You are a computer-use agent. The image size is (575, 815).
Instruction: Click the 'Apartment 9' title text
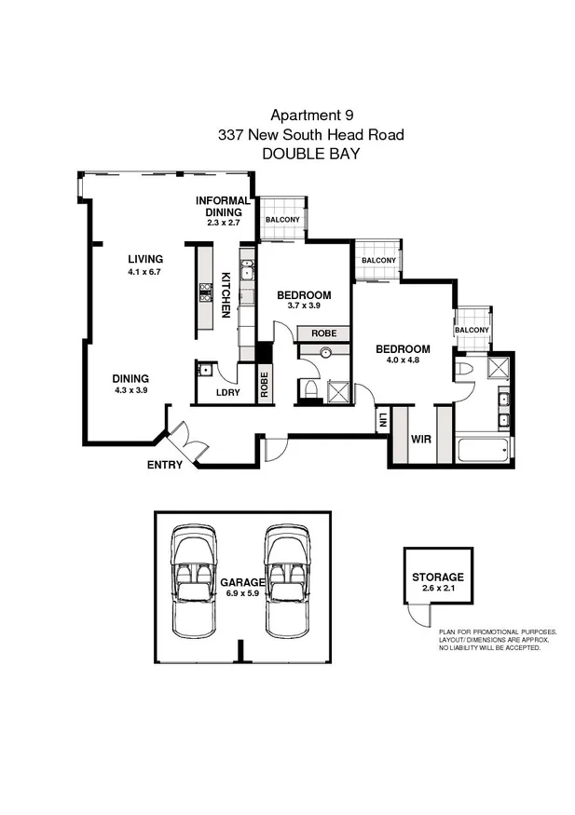click(311, 115)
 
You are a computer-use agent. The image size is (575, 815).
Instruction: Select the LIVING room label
click(145, 259)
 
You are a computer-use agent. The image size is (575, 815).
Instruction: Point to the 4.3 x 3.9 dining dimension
click(130, 390)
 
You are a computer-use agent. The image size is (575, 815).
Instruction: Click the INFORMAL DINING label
click(223, 206)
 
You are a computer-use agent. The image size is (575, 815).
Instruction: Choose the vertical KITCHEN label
click(226, 294)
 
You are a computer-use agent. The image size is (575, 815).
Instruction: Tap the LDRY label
click(228, 392)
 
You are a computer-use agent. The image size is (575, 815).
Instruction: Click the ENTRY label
click(164, 464)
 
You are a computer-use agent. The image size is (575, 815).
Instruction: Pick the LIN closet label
click(382, 420)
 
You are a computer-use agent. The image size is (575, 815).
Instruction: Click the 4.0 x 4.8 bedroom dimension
click(403, 361)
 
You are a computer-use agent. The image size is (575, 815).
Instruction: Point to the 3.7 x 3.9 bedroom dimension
click(304, 306)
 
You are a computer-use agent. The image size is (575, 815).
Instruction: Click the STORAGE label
click(437, 577)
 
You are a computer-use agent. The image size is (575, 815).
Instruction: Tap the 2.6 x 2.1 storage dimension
click(437, 589)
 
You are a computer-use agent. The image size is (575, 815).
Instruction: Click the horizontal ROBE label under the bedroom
click(323, 333)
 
